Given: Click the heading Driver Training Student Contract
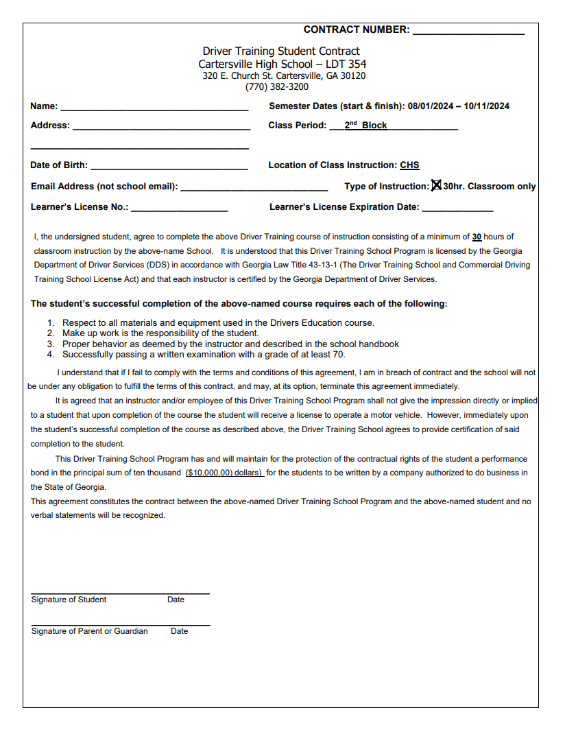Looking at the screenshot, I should (281, 51).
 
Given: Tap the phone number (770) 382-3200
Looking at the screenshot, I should (277, 87).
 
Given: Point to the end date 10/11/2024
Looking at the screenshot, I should (486, 106).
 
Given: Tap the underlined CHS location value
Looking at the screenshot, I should (409, 165).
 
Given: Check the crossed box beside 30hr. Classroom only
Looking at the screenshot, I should (436, 186).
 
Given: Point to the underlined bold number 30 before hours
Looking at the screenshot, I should (477, 237).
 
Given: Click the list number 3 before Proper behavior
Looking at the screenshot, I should (50, 344).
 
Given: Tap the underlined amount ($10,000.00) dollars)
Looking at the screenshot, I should (224, 473).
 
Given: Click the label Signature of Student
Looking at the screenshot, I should (69, 600).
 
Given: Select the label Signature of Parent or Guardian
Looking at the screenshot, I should (89, 631).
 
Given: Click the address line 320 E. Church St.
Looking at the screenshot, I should (284, 76).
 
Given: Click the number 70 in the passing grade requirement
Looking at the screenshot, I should (338, 355).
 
